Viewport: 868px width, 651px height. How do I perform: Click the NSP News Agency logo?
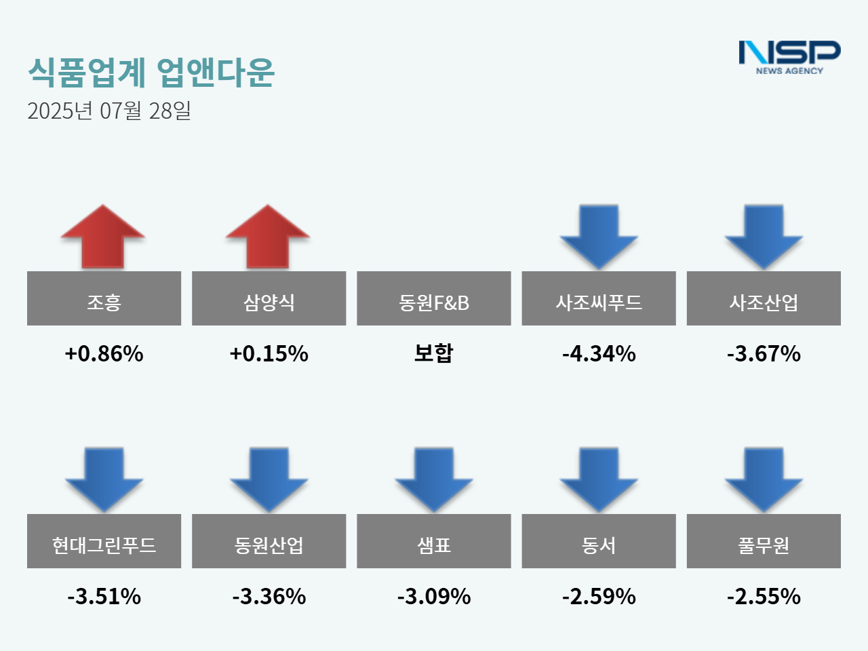coord(789,57)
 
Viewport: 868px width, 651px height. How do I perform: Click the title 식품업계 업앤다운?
coord(151,72)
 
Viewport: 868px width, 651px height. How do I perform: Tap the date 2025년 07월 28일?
coord(109,111)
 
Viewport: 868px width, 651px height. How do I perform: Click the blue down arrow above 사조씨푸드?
coord(599,236)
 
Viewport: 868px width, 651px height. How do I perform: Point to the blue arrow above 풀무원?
coord(764,479)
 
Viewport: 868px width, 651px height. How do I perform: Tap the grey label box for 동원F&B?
coord(434,298)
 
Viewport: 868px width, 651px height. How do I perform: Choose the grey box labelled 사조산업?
coord(764,298)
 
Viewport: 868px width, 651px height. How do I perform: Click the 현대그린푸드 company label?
coord(104,541)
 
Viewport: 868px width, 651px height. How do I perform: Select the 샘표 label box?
coord(434,541)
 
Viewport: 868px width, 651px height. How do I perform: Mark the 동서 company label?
coord(599,541)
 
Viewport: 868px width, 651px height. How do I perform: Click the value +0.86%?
coord(104,353)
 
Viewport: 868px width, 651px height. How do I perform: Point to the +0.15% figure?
coord(269,353)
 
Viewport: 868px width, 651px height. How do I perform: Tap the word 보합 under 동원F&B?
coord(434,353)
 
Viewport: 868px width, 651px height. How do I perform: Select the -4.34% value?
coord(599,353)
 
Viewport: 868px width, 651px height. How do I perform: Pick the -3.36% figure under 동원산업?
coord(269,596)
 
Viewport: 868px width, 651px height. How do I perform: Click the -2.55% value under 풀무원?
coord(764,596)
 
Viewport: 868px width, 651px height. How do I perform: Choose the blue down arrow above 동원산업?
coord(269,479)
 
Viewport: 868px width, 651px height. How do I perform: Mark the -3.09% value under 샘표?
coord(434,596)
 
